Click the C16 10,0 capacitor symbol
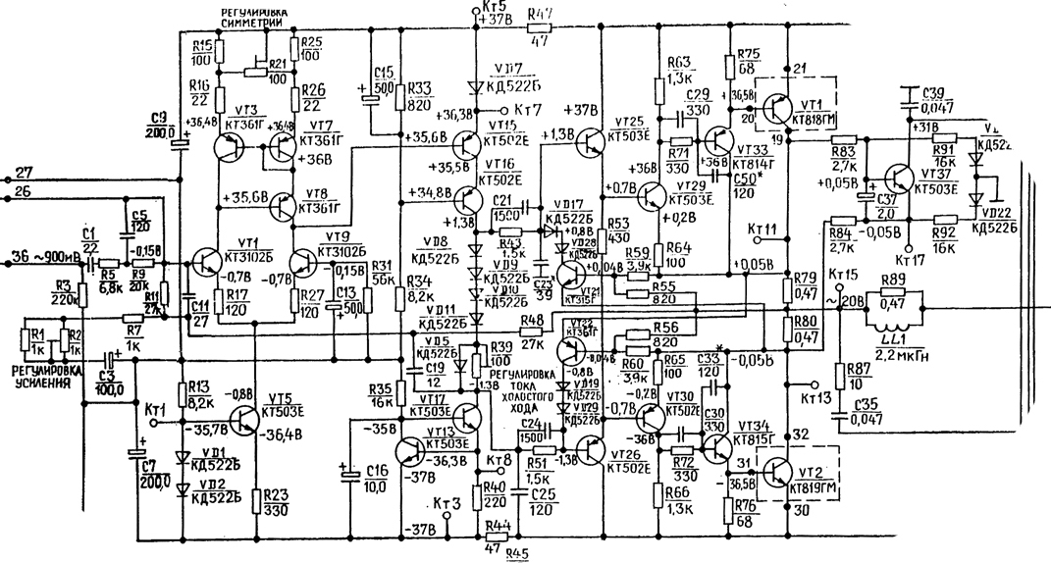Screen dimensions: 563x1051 352,473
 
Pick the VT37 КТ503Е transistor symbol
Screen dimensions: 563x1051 899,179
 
